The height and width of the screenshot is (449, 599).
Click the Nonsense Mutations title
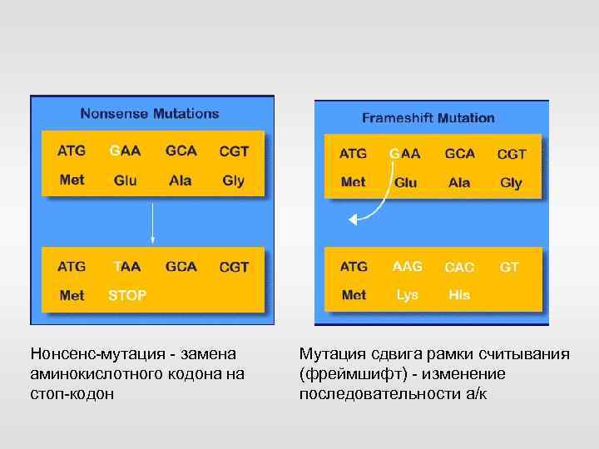tap(149, 113)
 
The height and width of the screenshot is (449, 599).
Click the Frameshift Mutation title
tap(428, 118)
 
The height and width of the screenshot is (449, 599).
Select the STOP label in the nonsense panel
tap(127, 295)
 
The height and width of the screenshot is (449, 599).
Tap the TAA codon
tap(126, 267)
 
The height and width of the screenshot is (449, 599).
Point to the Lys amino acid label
tap(407, 295)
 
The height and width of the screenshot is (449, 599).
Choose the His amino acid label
tap(459, 295)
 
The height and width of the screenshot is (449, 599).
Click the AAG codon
tap(407, 267)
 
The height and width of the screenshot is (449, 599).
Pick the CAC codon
tap(459, 268)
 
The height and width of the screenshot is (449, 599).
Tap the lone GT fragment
tap(509, 267)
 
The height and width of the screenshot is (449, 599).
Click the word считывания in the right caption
tap(529, 355)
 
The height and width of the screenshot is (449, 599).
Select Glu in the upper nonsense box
tap(126, 180)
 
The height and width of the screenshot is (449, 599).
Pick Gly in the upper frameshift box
tap(511, 182)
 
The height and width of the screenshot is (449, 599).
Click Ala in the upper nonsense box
tap(180, 180)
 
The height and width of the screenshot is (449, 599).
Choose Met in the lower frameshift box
tap(354, 295)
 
